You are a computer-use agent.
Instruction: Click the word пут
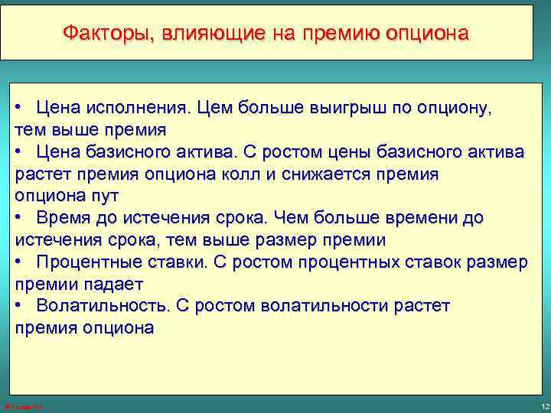pos(103,196)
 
